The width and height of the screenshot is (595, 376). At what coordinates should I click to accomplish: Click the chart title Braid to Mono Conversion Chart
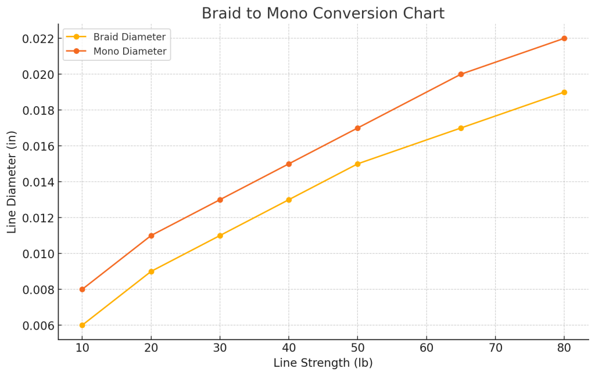pos(322,13)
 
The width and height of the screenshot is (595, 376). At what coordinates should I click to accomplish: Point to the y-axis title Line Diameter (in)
pos(12,182)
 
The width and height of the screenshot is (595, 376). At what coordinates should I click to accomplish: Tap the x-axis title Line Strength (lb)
pos(322,363)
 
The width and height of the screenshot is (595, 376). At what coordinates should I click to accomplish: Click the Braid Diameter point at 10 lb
pos(82,326)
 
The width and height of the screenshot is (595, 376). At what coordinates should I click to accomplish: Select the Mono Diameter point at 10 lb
pos(82,290)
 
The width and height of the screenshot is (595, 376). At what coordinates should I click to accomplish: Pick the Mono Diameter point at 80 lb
pos(564,38)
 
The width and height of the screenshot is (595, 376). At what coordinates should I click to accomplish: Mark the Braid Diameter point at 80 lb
pos(564,92)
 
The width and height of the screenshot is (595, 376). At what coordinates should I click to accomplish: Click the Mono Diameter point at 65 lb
pos(461,74)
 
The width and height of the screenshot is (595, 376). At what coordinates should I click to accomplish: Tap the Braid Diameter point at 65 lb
pos(461,128)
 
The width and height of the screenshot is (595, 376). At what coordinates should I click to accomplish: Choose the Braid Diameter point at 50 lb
pos(357,164)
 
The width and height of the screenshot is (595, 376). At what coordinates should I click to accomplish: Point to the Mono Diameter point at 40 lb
pos(289,164)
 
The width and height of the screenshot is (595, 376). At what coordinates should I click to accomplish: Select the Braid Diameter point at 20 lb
pos(151,272)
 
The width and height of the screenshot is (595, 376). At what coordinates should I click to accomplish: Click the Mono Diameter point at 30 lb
pos(220,200)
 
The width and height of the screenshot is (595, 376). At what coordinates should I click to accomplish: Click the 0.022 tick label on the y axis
pos(38,39)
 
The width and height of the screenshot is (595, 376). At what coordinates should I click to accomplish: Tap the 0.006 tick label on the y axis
pos(38,326)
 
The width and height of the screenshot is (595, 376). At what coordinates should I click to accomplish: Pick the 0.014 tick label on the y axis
pos(38,182)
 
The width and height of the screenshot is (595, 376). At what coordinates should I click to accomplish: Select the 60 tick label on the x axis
pos(426,348)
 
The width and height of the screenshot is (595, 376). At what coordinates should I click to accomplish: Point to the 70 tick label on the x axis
pos(495,348)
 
